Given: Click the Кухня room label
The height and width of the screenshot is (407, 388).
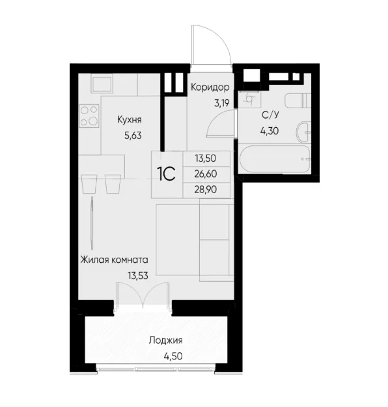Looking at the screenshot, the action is tap(130, 120).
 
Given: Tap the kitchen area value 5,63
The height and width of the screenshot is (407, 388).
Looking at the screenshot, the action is tap(133, 136).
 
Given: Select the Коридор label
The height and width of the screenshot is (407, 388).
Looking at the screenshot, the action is tap(210, 87).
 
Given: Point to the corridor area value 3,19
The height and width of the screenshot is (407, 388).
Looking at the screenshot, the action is tap(221, 103).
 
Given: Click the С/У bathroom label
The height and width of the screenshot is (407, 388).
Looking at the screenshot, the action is tap(270, 115).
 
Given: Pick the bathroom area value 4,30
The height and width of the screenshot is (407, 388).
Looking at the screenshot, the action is tap(270, 131).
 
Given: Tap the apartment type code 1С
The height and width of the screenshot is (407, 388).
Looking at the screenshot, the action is tap(167, 174).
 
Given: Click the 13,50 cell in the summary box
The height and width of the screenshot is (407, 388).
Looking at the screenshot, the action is tap(206, 158).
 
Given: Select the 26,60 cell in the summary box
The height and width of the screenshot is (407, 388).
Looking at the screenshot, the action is tap(206, 174).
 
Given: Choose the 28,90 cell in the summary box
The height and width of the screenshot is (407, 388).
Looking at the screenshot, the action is tap(206, 190).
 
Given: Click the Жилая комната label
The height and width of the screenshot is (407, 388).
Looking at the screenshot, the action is tap(114, 260).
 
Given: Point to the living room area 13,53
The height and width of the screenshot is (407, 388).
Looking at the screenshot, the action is tap(138, 276).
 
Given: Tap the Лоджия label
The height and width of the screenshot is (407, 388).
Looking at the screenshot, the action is tap(166, 340).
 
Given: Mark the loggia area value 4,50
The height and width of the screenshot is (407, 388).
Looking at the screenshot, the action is tap(173, 356).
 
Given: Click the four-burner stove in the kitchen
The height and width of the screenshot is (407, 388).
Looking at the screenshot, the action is tap(89, 115).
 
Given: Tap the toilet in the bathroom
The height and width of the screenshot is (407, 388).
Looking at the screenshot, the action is tap(298, 100).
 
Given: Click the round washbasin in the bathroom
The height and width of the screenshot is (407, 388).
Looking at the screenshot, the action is tap(303, 132).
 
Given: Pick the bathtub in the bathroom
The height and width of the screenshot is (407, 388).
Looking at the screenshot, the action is tap(275, 159).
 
